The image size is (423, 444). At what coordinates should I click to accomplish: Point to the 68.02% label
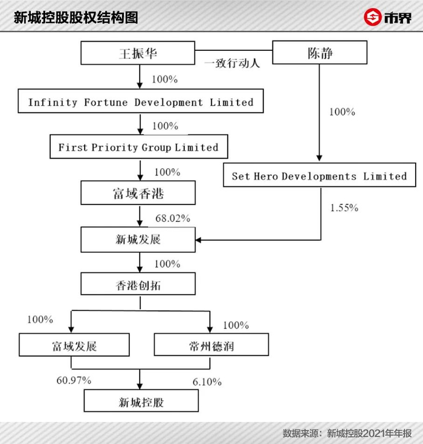(173, 218)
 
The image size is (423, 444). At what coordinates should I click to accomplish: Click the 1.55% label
(344, 208)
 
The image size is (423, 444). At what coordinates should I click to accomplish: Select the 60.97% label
(74, 380)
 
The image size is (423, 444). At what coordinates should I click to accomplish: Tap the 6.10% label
(207, 382)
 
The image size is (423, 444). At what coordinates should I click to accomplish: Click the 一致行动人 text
(232, 63)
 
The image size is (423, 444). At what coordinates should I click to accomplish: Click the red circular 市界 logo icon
(373, 17)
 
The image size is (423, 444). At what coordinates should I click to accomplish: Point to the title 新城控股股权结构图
(76, 18)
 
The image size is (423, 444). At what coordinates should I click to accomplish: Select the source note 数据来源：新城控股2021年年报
(347, 433)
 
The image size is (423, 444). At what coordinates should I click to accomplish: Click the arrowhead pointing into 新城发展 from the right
(198, 240)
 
